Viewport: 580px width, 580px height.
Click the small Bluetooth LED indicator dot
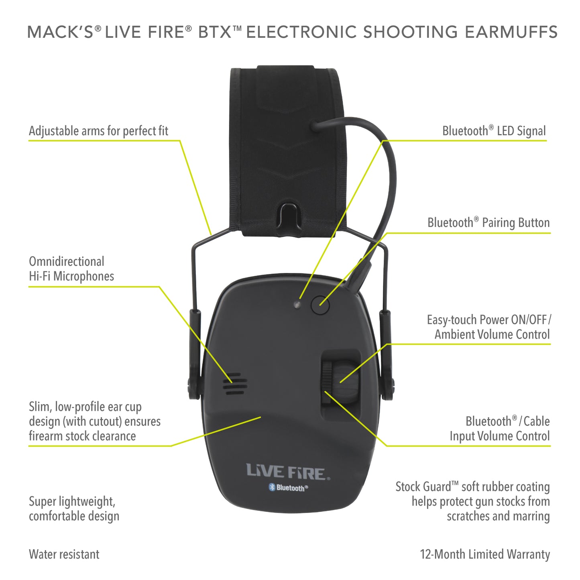click(297, 305)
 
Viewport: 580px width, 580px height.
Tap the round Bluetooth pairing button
click(320, 305)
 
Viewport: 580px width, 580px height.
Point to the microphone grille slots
click(236, 384)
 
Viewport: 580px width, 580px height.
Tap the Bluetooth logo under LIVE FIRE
click(288, 488)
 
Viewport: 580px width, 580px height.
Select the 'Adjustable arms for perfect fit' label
click(98, 131)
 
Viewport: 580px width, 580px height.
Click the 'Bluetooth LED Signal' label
click(494, 131)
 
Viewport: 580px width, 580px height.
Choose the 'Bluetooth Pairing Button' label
click(488, 222)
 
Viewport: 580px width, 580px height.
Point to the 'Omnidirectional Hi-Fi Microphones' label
click(71, 269)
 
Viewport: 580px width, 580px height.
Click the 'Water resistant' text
click(64, 554)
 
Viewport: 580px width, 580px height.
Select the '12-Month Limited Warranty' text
click(485, 554)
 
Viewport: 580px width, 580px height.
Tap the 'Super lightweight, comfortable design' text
click(74, 509)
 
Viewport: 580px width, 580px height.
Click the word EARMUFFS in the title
click(511, 32)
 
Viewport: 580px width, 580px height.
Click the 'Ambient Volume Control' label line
click(492, 334)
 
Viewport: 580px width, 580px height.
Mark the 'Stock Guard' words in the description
click(423, 487)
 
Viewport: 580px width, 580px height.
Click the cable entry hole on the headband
click(314, 126)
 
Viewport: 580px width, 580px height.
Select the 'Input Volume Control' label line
click(499, 436)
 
